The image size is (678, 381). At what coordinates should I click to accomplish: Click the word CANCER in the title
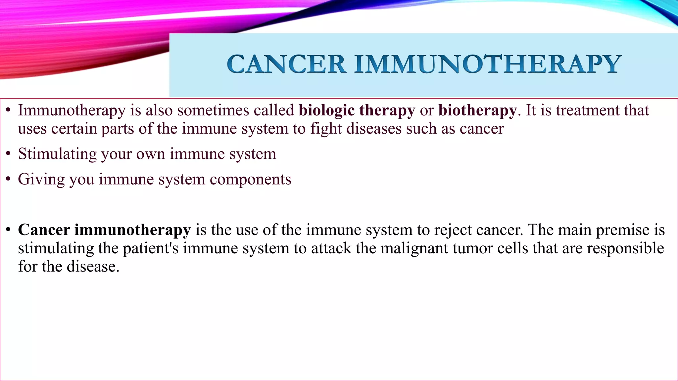pyautogui.click(x=287, y=64)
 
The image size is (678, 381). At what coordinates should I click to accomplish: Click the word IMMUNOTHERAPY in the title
pyautogui.click(x=487, y=64)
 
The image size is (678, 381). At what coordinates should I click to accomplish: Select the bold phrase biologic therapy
pyautogui.click(x=357, y=111)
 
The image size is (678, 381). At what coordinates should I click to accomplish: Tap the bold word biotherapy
pyautogui.click(x=477, y=111)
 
